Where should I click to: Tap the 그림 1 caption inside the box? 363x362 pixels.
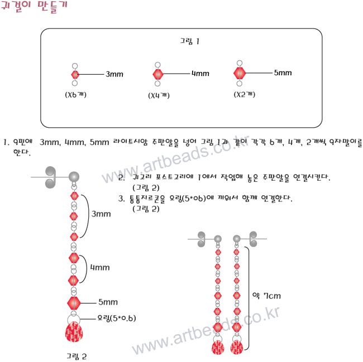click(x=190, y=41)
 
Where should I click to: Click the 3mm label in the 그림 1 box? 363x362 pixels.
click(x=114, y=74)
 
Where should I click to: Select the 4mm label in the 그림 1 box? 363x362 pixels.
click(x=200, y=74)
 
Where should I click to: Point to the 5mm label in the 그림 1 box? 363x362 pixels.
click(x=283, y=73)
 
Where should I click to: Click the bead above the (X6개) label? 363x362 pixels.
click(x=75, y=74)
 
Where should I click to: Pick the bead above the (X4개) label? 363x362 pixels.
click(x=158, y=74)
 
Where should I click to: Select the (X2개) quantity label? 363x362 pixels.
click(x=243, y=94)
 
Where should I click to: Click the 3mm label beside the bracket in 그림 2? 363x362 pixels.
click(x=101, y=214)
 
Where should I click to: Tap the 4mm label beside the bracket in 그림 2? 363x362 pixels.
click(x=100, y=267)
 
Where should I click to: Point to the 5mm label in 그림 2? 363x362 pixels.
click(x=108, y=302)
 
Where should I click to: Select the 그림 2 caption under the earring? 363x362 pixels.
click(x=77, y=355)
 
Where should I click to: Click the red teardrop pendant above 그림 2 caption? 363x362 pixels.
click(x=74, y=333)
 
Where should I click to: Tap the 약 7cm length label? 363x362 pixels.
click(x=266, y=295)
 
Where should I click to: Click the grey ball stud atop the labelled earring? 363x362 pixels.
click(x=73, y=177)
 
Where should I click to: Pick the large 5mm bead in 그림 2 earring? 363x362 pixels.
click(x=74, y=303)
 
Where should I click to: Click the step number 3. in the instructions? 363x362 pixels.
click(x=121, y=198)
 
